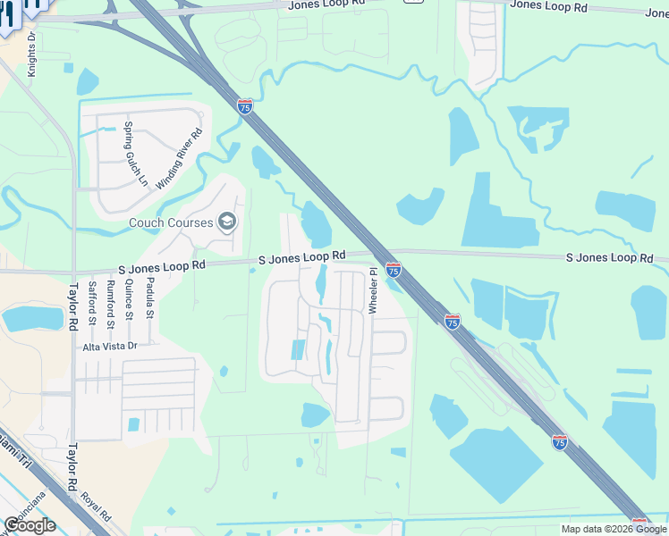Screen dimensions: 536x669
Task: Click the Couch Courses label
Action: point(171,222)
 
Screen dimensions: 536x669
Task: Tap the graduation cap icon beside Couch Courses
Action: point(227,222)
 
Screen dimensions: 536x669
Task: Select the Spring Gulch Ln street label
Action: point(136,154)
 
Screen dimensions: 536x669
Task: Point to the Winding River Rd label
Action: point(180,159)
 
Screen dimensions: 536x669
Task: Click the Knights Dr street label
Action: point(31,55)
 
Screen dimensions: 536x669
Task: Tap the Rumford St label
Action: point(111,300)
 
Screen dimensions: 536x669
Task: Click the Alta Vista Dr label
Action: point(109,346)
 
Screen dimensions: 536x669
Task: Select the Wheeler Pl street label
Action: point(373,290)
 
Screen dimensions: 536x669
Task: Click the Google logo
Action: point(30,525)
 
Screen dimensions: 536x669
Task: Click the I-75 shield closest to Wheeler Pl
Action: point(394,269)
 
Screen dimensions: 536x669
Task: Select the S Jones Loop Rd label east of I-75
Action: point(609,257)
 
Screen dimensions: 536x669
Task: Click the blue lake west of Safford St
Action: point(34,317)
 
